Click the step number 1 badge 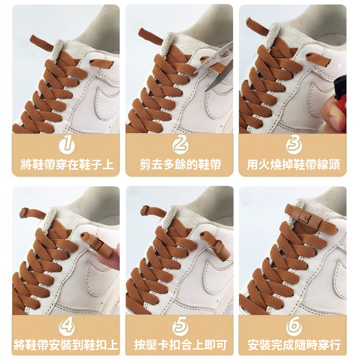point(67,145)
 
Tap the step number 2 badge point(180,145)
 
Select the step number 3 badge point(293,145)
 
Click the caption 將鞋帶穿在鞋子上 point(67,164)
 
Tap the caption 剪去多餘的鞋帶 point(180,164)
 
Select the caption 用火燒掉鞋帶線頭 point(293,164)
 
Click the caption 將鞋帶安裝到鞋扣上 point(67,346)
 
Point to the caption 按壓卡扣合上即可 point(180,346)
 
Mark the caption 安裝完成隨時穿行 point(293,346)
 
